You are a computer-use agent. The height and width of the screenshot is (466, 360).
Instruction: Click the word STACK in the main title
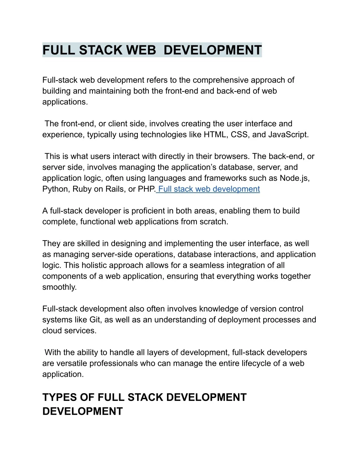click(101, 50)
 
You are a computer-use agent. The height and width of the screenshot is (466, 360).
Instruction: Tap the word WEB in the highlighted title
click(141, 50)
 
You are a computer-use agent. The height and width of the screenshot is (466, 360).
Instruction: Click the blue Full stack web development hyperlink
click(209, 189)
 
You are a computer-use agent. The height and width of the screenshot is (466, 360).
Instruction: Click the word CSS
click(240, 134)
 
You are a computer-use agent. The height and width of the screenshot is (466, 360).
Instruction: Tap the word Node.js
click(294, 178)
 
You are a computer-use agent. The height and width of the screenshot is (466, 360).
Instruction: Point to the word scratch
click(213, 222)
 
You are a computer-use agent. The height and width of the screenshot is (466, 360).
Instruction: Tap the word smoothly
click(59, 287)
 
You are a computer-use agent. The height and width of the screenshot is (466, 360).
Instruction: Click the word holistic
click(98, 265)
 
